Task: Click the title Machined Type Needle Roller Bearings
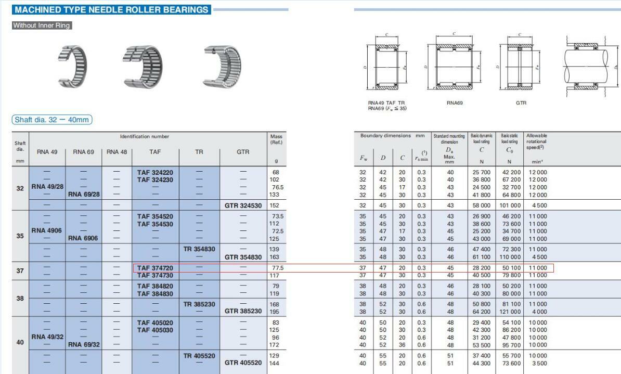point(111,9)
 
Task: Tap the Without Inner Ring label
point(42,25)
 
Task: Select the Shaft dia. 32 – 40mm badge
point(52,120)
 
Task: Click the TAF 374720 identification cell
point(155,268)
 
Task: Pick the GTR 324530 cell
point(243,205)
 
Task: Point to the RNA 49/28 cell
point(47,187)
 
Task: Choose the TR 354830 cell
point(199,249)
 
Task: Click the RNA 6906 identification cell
point(83,238)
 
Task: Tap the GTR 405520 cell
point(243,363)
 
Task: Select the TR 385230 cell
point(199,304)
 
